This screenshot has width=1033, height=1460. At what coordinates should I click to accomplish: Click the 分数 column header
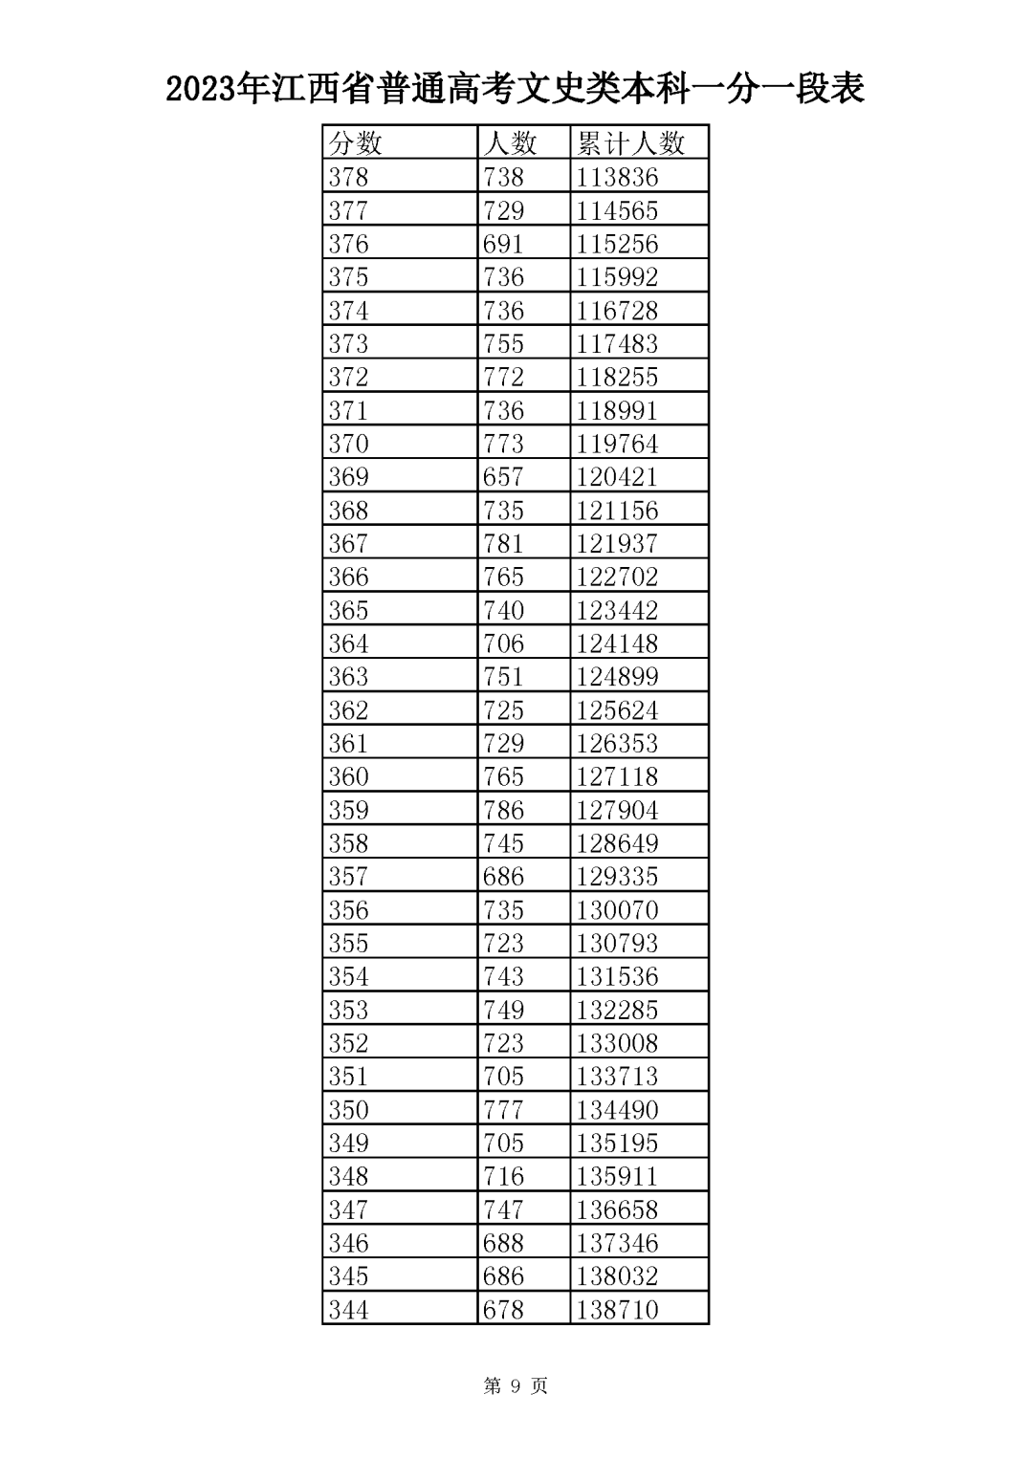tap(356, 143)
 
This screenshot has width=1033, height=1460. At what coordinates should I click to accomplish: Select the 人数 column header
tap(510, 143)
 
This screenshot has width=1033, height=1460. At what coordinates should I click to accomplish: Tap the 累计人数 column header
tap(630, 143)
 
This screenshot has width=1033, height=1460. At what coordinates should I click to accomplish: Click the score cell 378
tap(348, 177)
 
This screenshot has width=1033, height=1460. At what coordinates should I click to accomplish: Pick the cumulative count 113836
tap(617, 177)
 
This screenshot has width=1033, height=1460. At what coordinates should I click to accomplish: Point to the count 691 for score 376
tap(503, 244)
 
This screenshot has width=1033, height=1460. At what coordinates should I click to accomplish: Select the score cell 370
tap(348, 444)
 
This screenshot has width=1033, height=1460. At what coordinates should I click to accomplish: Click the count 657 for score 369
tap(503, 476)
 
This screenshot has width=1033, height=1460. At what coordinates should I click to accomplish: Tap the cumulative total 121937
tap(617, 543)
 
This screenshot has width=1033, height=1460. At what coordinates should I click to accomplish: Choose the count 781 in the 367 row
tap(503, 543)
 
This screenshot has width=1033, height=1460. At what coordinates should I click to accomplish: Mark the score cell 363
tap(348, 676)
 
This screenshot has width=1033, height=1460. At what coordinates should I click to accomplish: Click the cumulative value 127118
tap(617, 776)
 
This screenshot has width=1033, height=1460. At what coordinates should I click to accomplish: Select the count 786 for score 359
tap(503, 810)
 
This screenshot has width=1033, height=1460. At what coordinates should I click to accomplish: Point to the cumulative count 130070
tap(617, 909)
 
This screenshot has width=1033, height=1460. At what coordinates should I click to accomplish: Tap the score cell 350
tap(348, 1109)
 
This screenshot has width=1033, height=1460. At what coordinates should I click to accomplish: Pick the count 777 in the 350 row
tap(503, 1109)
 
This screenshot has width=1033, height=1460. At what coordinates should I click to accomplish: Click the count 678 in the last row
tap(503, 1309)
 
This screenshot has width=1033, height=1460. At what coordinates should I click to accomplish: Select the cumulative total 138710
tap(617, 1309)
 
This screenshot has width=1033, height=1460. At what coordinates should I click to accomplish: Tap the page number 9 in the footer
tap(516, 1385)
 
